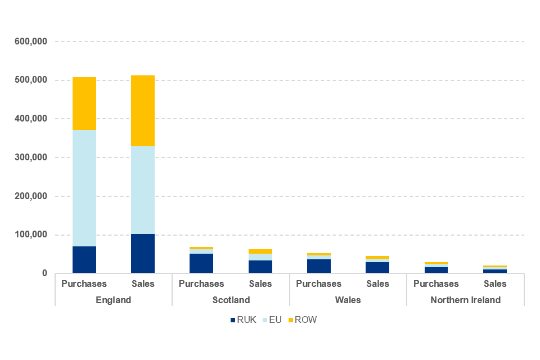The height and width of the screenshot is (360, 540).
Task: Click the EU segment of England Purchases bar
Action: (84, 188)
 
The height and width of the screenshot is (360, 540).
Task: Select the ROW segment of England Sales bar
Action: (142, 111)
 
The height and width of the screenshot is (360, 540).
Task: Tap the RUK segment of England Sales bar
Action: (142, 254)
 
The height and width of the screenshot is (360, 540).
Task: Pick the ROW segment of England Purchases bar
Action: (84, 103)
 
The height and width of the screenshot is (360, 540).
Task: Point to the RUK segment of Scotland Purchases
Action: (201, 263)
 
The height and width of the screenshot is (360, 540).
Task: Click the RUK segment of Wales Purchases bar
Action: (318, 266)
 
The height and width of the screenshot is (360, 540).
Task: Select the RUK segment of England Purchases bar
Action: (84, 260)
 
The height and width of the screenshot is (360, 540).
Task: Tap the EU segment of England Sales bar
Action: (142, 190)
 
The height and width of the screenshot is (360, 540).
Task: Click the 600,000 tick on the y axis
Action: (31, 42)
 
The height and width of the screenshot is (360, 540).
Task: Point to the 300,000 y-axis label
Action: (31, 157)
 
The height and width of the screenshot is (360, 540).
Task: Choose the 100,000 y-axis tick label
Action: (31, 235)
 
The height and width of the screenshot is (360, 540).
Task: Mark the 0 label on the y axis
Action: (43, 273)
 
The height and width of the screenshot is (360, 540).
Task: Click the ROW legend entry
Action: (302, 320)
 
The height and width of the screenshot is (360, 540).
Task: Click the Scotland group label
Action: (231, 300)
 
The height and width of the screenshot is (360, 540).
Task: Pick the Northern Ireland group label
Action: (465, 300)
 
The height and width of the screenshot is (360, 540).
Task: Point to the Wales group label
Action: (348, 300)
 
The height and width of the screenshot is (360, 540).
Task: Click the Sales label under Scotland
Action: (260, 283)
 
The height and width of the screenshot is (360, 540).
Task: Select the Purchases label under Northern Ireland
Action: (436, 283)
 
